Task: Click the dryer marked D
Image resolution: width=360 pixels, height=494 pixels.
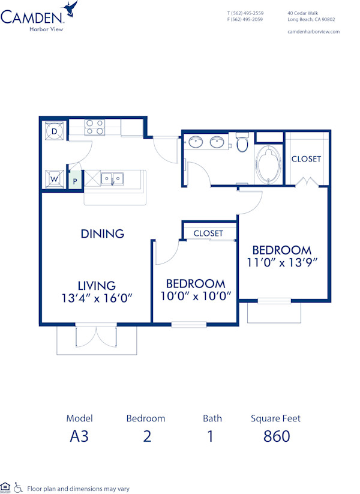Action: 55,131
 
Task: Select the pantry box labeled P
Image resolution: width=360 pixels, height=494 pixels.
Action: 76,180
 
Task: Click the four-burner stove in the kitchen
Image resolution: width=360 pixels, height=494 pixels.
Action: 94,127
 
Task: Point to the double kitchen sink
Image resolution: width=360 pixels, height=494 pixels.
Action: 112,178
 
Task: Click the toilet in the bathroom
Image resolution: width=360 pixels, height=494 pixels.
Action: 242,143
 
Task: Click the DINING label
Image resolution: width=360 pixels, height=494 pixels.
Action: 103,233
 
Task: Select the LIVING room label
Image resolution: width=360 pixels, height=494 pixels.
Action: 97,286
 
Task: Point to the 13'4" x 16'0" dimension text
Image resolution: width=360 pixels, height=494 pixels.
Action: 97,298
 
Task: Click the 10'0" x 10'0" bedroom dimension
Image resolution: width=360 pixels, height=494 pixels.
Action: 196,295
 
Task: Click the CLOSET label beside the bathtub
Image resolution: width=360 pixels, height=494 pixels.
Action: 306,159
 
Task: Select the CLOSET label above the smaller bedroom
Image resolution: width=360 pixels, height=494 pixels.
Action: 208,233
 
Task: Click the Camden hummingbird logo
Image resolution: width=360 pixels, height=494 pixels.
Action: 71,9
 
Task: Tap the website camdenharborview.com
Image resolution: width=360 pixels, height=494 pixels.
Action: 314,31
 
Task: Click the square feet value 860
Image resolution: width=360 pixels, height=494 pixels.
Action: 277,436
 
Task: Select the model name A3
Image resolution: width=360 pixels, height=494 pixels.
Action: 79,436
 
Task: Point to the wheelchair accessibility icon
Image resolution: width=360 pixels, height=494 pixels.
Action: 18,487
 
